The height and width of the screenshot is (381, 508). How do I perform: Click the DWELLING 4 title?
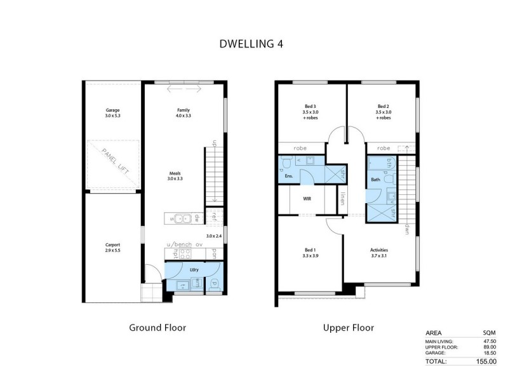(x=251, y=44)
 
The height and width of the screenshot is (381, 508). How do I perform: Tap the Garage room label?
(x=112, y=110)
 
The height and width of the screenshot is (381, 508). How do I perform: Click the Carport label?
(x=112, y=244)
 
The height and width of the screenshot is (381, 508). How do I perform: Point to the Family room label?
(x=183, y=110)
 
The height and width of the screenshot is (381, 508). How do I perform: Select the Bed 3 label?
(x=311, y=106)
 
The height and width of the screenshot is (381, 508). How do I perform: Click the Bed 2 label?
(x=382, y=106)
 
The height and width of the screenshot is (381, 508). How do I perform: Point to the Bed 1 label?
(x=311, y=250)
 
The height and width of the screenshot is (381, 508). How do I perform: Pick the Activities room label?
(x=379, y=250)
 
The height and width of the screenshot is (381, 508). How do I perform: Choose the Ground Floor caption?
(x=157, y=328)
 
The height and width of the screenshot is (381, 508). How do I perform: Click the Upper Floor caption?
(x=347, y=328)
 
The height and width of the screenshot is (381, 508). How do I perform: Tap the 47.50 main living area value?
(x=488, y=341)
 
